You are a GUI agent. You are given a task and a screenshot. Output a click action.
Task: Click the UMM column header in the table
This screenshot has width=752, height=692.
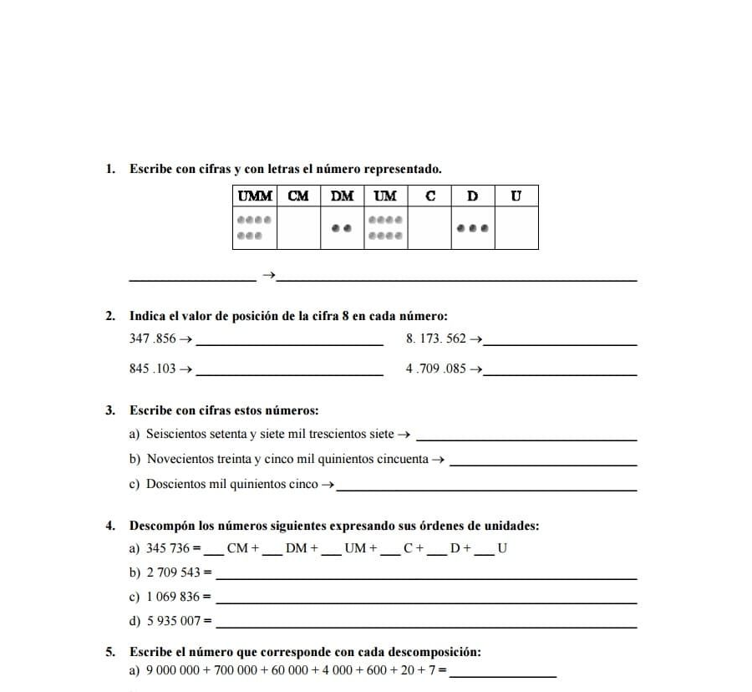click(255, 196)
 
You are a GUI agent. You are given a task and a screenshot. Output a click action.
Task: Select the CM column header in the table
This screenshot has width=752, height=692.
click(298, 196)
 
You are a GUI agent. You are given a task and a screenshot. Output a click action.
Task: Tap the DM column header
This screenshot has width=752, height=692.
click(342, 196)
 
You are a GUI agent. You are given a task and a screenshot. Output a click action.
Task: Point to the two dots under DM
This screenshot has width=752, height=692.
click(342, 227)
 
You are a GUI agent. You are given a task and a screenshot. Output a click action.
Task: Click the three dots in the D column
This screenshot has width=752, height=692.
click(473, 227)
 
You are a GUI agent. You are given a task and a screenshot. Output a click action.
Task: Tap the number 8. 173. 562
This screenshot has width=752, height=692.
click(435, 338)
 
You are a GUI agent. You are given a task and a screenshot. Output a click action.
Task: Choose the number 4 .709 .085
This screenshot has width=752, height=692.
click(435, 369)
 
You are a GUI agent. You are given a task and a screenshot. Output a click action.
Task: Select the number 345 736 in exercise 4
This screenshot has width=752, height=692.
click(168, 549)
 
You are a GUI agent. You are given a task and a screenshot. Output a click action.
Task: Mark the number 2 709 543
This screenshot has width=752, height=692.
click(174, 573)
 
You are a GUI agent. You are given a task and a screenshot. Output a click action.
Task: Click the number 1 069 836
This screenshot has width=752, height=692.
click(174, 598)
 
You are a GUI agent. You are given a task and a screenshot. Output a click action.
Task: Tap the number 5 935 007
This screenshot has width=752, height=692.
click(174, 622)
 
